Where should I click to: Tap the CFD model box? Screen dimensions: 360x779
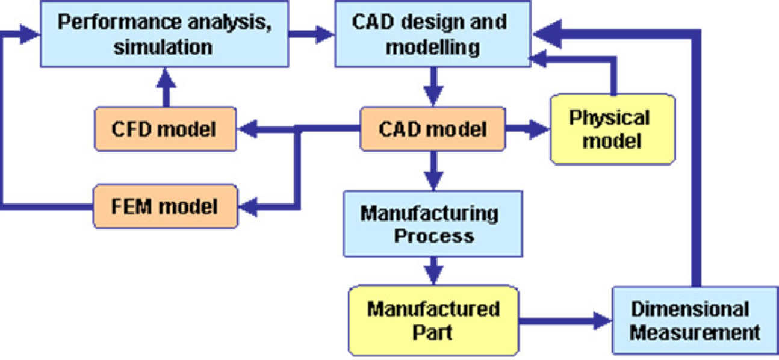tap(164, 129)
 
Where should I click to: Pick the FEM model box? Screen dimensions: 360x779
tap(164, 206)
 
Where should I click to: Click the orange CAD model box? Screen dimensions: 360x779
tap(432, 129)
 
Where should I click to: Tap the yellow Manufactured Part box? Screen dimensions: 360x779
tap(432, 319)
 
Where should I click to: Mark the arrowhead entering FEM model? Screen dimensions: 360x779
tap(247, 206)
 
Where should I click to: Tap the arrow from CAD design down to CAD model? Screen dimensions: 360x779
tap(432, 88)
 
